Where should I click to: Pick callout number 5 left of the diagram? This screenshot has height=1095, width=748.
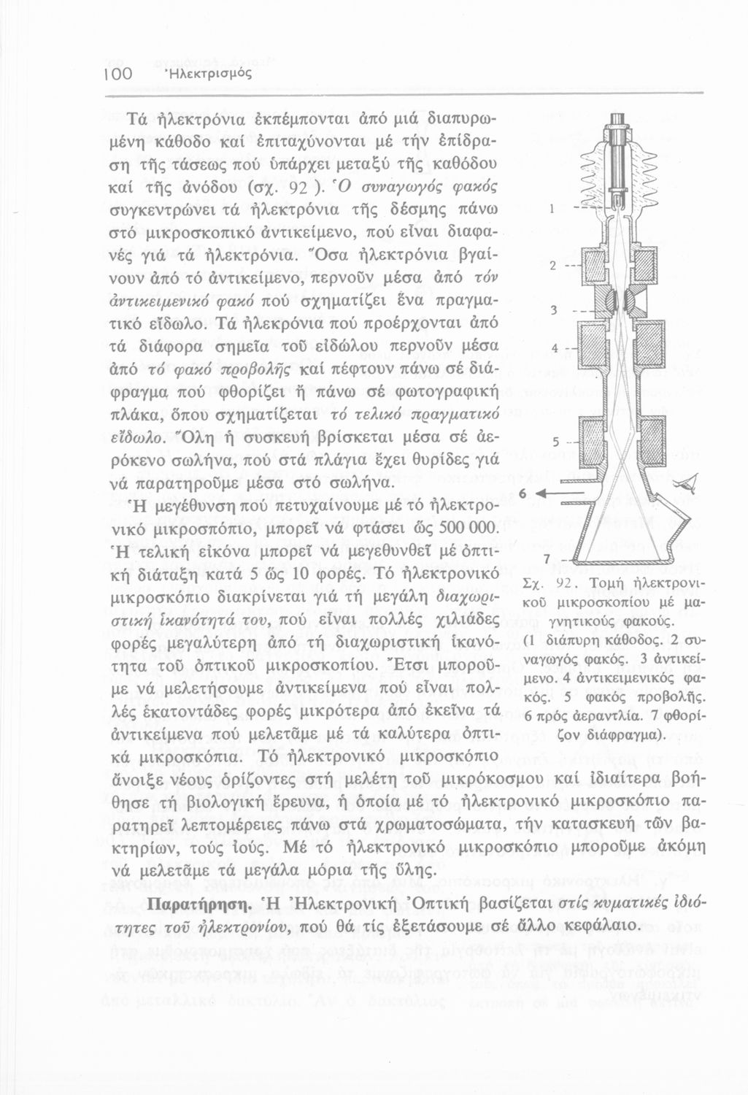pyautogui.click(x=554, y=442)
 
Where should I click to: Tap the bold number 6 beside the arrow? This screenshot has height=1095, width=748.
pyautogui.click(x=522, y=494)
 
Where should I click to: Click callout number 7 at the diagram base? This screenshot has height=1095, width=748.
pyautogui.click(x=545, y=558)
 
